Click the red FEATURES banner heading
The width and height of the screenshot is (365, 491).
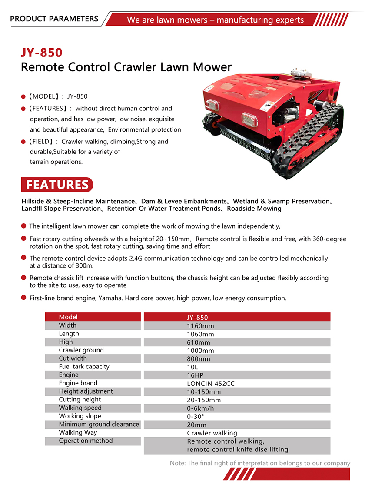click(x=57, y=185)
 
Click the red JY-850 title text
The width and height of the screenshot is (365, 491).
click(x=42, y=53)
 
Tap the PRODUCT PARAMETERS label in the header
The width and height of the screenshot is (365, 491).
click(x=54, y=19)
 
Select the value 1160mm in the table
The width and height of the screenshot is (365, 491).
click(x=200, y=326)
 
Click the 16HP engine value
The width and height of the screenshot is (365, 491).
click(x=195, y=375)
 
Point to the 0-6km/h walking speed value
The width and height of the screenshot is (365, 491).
click(x=200, y=408)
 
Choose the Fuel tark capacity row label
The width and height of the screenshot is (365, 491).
click(x=84, y=367)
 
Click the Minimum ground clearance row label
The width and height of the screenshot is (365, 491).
click(x=99, y=425)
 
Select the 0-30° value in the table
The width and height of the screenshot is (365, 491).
click(x=196, y=417)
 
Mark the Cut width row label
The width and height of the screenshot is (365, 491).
click(x=73, y=358)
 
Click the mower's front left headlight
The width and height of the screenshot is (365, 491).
click(x=212, y=104)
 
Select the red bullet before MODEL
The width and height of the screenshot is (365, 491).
click(x=23, y=96)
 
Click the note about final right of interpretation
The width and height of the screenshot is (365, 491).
click(x=260, y=463)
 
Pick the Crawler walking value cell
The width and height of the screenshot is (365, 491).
click(x=212, y=433)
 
